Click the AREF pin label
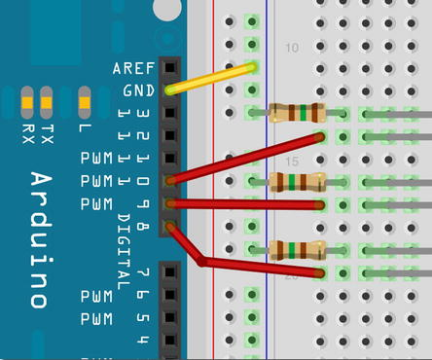point(133,69)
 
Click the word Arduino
point(40,239)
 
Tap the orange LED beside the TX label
point(45,99)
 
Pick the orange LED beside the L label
point(85,99)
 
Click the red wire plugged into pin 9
point(248,204)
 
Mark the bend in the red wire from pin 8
point(200,261)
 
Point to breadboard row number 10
point(291,48)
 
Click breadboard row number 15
point(291,161)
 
